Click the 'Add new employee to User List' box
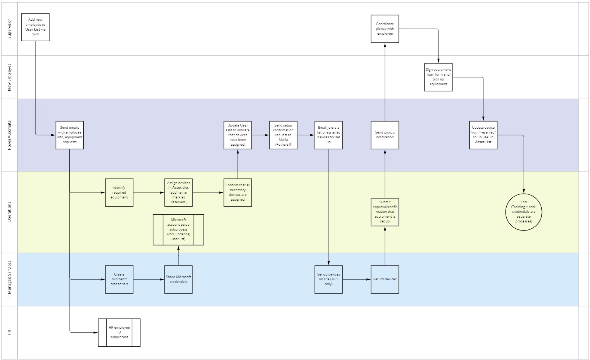tap(35, 27)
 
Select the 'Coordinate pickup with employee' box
tap(385, 29)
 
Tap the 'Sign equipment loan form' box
tap(438, 77)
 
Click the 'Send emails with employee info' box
tap(70, 135)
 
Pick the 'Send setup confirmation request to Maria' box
tap(283, 135)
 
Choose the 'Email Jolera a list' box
tap(329, 135)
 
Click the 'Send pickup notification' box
tap(385, 135)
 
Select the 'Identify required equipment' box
tap(119, 193)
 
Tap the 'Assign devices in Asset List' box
tap(178, 193)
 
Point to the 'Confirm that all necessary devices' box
tap(238, 193)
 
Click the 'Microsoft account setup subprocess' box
tap(178, 230)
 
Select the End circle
tap(524, 212)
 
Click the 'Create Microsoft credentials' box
tap(119, 279)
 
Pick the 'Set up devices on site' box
tap(329, 279)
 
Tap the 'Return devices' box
tap(385, 279)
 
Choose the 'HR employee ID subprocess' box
tap(119, 332)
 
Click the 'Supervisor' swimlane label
tap(10, 29)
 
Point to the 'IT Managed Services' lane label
tap(10, 279)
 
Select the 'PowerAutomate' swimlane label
tap(10, 135)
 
